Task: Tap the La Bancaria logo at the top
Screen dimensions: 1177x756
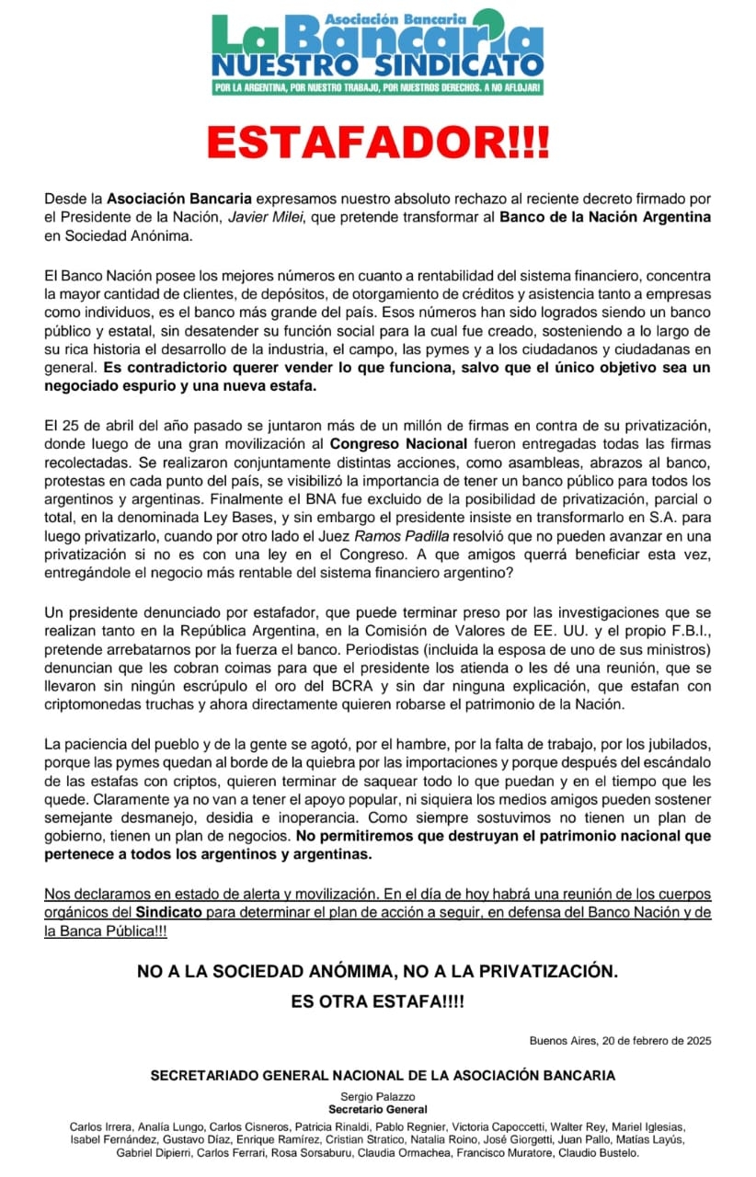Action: coord(377,44)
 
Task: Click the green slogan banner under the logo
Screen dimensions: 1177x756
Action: coord(377,88)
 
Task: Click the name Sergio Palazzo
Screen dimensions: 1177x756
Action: coord(377,1096)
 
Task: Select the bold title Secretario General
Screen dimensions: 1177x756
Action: coord(377,1109)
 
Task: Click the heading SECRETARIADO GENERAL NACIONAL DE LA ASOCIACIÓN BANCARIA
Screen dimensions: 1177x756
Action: coord(377,1075)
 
